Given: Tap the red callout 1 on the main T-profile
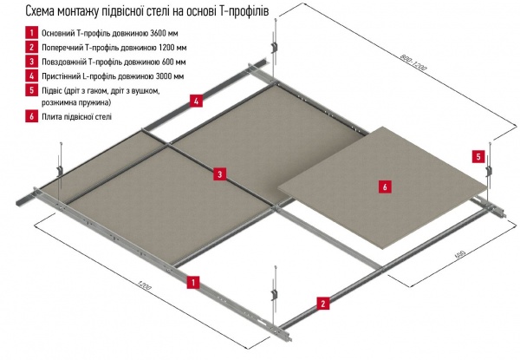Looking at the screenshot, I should pos(195,281).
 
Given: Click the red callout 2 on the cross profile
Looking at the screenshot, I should pos(322,304).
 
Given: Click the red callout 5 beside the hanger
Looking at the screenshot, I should pos(478,157).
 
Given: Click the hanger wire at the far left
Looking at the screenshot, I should pos(60,161).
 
